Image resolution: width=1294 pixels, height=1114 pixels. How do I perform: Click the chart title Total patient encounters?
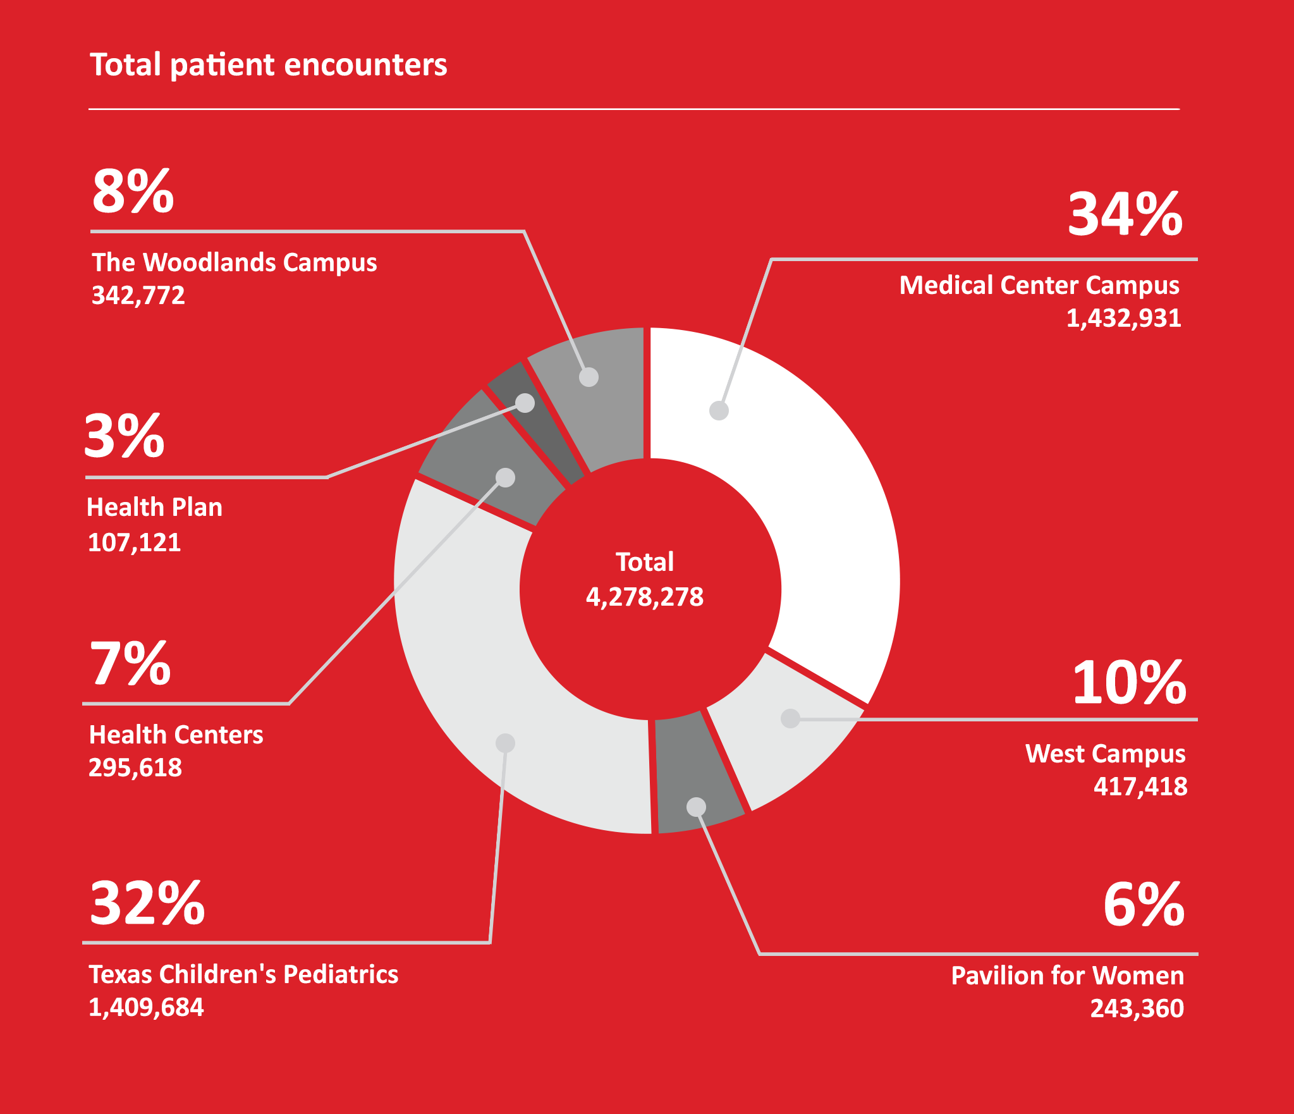(x=269, y=65)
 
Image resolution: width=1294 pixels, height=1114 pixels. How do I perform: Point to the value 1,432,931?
(x=1123, y=318)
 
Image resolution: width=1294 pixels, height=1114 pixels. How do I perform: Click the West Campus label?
(x=1105, y=754)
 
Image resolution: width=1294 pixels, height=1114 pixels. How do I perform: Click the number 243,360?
(x=1137, y=1008)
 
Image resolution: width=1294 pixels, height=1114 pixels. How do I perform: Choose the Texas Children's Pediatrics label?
(x=243, y=974)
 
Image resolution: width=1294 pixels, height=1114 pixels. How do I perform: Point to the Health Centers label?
(x=176, y=735)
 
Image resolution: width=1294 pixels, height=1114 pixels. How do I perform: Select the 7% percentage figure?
(x=130, y=663)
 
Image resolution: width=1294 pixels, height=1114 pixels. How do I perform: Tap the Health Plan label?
(x=154, y=507)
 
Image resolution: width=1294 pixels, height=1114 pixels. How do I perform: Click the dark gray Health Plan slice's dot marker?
(x=525, y=403)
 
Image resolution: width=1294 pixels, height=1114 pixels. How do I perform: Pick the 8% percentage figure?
(x=133, y=190)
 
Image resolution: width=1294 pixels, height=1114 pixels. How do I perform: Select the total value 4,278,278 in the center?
(x=645, y=597)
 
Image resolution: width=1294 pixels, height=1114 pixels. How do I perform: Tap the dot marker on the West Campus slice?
(x=791, y=718)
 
